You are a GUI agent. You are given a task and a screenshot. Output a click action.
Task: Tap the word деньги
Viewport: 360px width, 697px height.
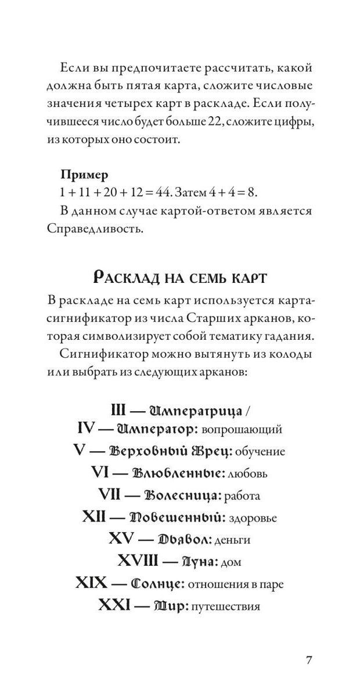tap(232, 540)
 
